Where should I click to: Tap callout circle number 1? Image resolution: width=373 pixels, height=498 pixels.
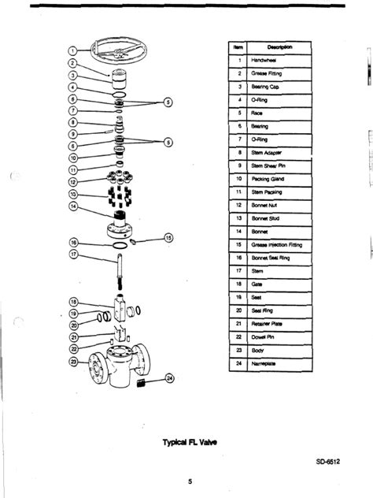point(72,52)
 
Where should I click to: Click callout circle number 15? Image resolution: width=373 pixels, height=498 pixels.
point(167,237)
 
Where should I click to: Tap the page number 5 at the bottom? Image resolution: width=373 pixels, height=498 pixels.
point(189,481)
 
